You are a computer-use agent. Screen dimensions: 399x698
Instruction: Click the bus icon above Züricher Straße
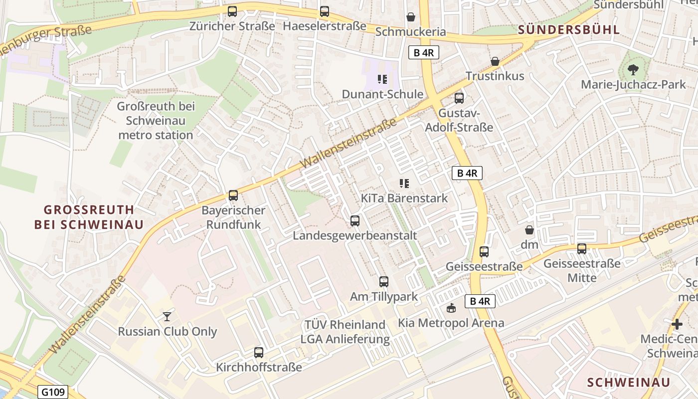[x=232, y=11]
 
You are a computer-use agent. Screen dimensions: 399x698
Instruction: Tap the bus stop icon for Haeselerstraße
[x=325, y=11]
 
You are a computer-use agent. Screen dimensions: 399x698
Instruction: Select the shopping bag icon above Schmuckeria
[x=411, y=17]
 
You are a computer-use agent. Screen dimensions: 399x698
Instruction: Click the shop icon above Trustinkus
[x=495, y=61]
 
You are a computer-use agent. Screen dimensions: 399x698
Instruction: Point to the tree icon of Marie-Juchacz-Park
[x=633, y=69]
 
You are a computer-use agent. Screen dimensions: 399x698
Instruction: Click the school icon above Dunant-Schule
[x=382, y=79]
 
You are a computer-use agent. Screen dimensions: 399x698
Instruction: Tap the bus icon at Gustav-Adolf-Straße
[x=459, y=98]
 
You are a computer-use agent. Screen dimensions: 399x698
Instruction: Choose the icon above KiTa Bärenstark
[x=404, y=184]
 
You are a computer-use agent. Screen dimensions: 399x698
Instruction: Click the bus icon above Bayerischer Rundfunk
[x=233, y=196]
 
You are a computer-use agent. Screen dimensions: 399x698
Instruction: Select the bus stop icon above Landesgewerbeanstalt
[x=355, y=220]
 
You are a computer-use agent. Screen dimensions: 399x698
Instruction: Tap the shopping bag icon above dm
[x=529, y=230]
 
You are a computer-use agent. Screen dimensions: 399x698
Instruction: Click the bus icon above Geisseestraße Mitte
[x=582, y=248]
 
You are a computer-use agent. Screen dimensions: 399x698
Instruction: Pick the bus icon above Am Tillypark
[x=384, y=282]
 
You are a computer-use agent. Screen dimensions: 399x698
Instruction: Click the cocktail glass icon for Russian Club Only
[x=167, y=316]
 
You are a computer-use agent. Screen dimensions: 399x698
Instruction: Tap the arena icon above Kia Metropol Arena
[x=451, y=308]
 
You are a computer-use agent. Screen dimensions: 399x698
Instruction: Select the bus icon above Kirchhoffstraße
[x=259, y=353]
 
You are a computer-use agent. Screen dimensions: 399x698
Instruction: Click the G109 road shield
[x=52, y=392]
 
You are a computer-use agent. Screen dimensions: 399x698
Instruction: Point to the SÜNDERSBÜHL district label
[x=569, y=29]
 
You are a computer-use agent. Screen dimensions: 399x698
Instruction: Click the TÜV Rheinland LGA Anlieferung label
[x=345, y=332]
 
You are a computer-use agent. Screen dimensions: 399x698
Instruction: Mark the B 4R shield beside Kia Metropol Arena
[x=481, y=301]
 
